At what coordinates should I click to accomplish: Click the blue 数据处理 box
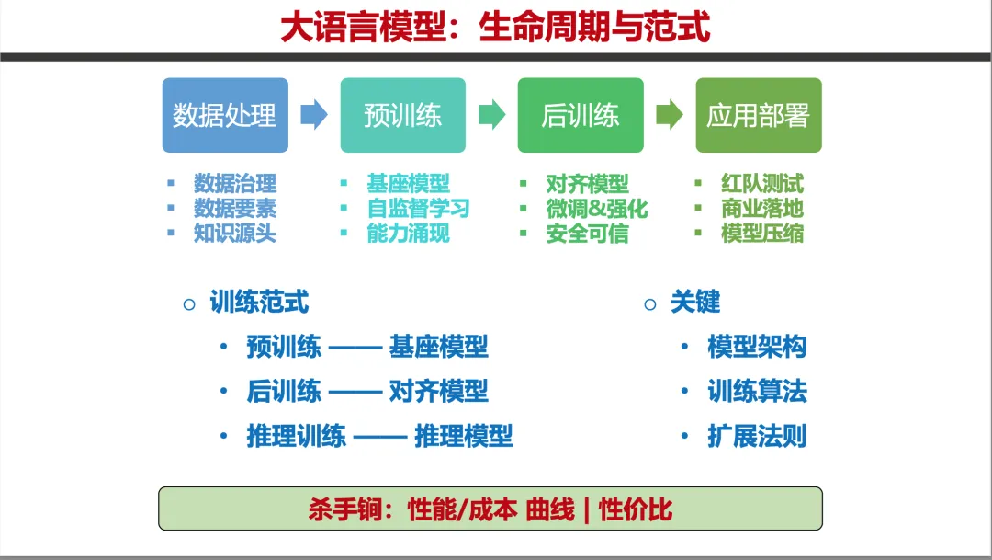[x=225, y=115]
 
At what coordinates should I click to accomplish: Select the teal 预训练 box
[x=403, y=115]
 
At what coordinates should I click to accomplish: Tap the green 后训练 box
[x=581, y=115]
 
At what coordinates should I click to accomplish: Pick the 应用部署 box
[x=759, y=115]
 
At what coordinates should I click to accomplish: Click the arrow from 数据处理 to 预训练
[x=314, y=115]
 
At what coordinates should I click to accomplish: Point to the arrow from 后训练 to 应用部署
[x=670, y=115]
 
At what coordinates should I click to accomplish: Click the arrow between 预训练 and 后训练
[x=491, y=115]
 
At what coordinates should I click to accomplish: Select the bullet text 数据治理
[x=235, y=184]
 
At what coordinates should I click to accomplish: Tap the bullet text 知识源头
[x=235, y=234]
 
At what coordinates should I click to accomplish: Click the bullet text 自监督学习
[x=418, y=209]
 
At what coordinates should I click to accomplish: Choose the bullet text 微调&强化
[x=597, y=209]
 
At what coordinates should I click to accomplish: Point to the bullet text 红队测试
[x=762, y=184]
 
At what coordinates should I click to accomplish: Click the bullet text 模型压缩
[x=762, y=234]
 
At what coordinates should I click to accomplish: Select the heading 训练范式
[x=259, y=303]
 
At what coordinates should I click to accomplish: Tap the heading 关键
[x=695, y=303]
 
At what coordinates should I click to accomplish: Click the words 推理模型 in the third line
[x=464, y=436]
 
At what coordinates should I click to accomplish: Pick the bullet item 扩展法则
[x=757, y=436]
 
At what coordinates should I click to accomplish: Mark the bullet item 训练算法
[x=757, y=392]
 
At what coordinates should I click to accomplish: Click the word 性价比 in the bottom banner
[x=636, y=509]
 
